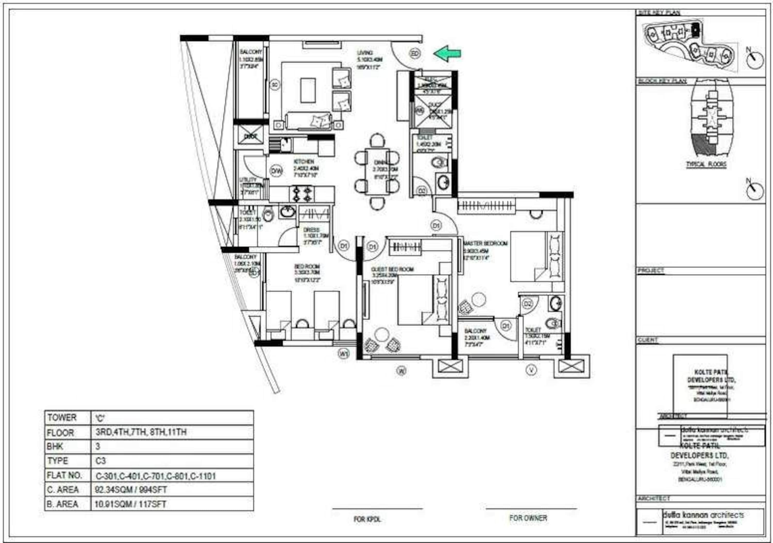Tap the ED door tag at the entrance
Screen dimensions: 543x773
point(415,54)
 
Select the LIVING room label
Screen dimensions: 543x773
point(365,53)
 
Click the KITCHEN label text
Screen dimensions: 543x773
point(304,162)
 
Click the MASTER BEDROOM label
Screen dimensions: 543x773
point(485,243)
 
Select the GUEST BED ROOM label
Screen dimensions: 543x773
point(392,269)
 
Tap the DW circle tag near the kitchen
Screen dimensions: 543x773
point(276,171)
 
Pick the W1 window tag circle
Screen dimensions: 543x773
point(344,353)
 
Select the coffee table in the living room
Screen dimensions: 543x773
point(308,90)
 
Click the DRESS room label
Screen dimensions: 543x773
point(312,230)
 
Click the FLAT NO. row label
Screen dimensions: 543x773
point(64,475)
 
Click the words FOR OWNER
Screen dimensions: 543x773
point(528,518)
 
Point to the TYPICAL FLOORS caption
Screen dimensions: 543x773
point(706,165)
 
